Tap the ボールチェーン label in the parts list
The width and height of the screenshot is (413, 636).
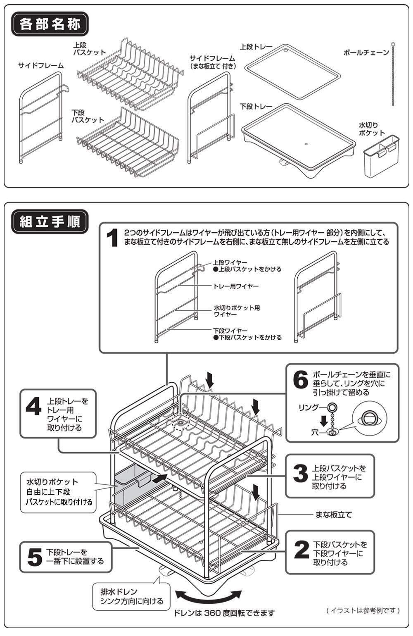pyautogui.click(x=366, y=52)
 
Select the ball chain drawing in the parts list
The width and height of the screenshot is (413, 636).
pyautogui.click(x=393, y=74)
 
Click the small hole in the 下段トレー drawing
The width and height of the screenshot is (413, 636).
pyautogui.click(x=306, y=144)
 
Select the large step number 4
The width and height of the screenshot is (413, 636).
pyautogui.click(x=33, y=407)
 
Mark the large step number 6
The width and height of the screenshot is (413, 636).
pyautogui.click(x=300, y=379)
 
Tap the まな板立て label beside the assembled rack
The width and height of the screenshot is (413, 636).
pyautogui.click(x=334, y=515)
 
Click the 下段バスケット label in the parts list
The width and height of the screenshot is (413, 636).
pyautogui.click(x=88, y=116)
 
